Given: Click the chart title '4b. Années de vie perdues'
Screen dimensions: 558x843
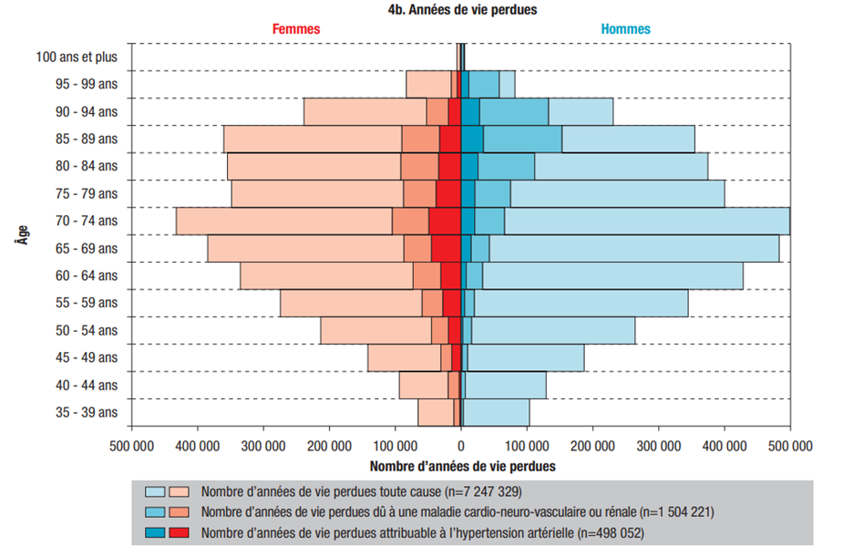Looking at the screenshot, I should click(x=460, y=10).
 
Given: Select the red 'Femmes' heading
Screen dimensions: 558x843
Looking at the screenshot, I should click(x=296, y=29).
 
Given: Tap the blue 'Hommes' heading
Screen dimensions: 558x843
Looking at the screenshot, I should click(x=625, y=29).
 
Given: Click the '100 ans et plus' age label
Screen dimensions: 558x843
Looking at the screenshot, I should click(x=77, y=57).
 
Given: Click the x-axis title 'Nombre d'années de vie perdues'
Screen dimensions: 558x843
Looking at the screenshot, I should click(x=460, y=465).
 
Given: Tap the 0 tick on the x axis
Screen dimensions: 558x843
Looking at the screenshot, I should click(x=460, y=446).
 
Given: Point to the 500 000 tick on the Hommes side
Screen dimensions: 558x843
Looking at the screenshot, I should click(x=789, y=446).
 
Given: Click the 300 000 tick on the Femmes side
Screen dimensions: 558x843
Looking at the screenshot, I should click(x=263, y=446).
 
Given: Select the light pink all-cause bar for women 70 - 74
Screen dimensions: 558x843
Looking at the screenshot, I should click(x=283, y=222).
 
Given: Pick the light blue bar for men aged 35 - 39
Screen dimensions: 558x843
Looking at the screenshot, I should click(x=497, y=412).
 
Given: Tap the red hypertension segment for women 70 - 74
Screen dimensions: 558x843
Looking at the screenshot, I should click(x=444, y=222).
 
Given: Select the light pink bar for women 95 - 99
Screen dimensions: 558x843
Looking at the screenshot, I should click(x=427, y=85).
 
